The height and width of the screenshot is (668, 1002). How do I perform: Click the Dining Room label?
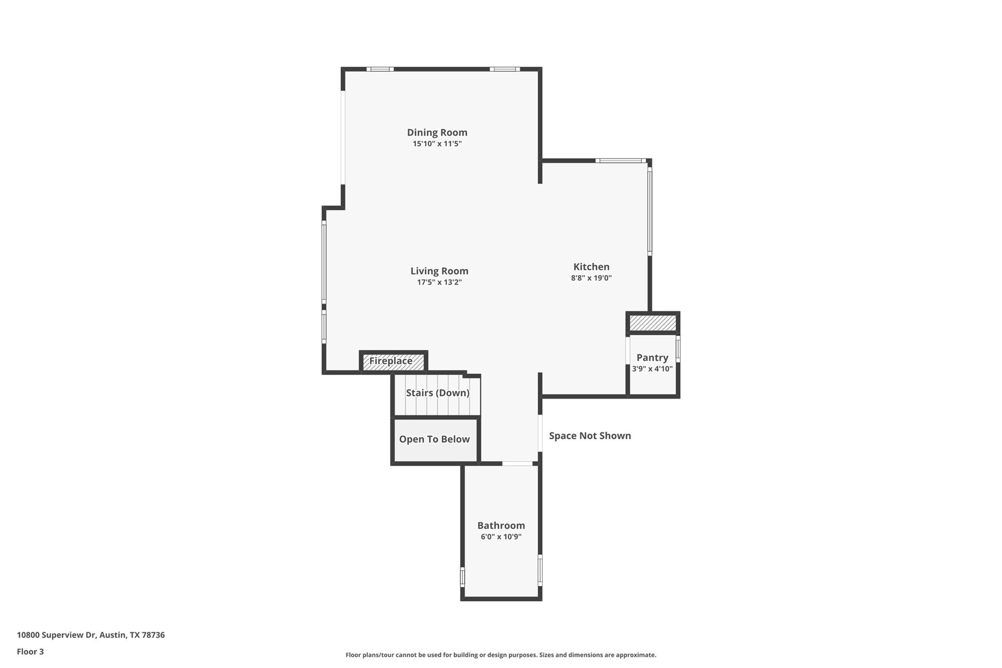437,132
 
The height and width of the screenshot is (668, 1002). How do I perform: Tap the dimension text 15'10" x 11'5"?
437,144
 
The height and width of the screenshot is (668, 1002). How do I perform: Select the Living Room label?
439,271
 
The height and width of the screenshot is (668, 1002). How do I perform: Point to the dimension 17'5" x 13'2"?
439,282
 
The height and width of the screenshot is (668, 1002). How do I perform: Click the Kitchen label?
591,267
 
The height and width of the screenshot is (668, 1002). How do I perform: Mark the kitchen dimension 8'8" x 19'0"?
591,278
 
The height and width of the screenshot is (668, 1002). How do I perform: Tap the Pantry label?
652,357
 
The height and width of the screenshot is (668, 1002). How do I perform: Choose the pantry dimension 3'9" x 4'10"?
652,369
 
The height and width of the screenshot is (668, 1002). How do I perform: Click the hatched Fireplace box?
393,361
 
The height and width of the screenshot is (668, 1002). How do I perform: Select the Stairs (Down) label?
437,392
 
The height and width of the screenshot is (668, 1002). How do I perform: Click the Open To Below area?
434,439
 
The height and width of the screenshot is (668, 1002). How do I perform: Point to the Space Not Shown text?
590,436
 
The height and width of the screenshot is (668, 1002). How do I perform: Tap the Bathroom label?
501,525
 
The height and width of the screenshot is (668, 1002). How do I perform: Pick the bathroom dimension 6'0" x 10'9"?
501,537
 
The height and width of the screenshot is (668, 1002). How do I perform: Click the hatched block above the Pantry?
653,322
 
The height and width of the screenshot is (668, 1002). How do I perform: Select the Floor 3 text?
30,651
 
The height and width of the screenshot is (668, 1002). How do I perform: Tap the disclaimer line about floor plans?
501,655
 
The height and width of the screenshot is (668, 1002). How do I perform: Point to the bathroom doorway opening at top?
517,463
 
